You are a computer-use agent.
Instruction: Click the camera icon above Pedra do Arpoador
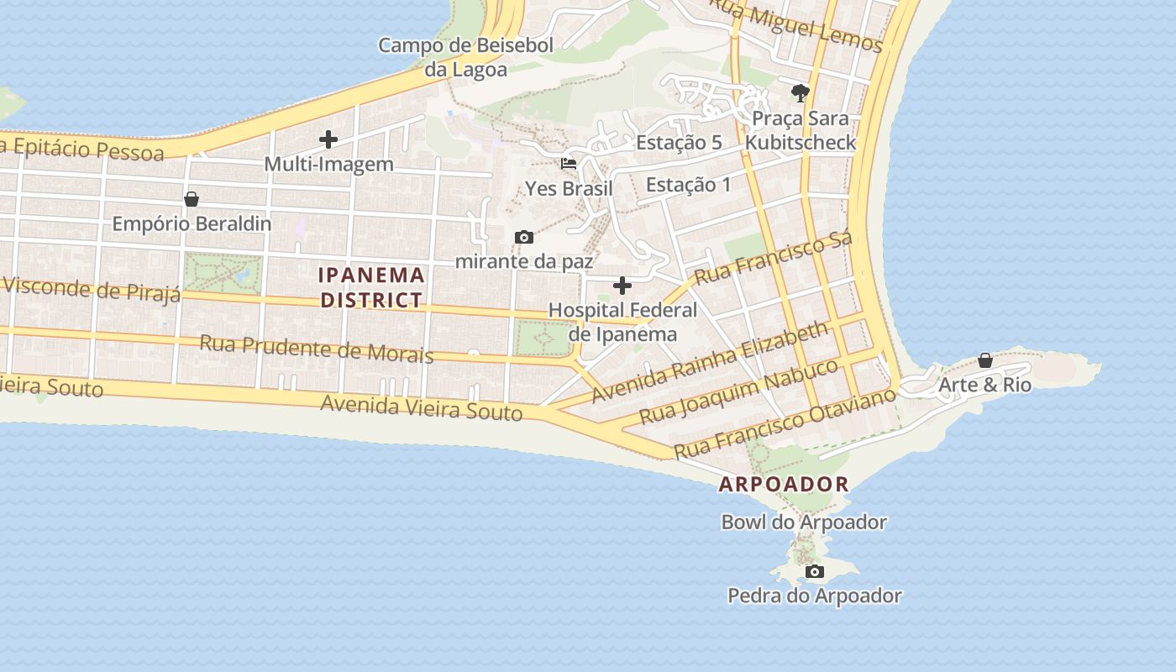point(814,572)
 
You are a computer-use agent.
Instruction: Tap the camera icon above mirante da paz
point(524,238)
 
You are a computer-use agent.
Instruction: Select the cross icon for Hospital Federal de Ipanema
point(622,286)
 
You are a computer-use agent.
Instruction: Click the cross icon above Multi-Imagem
point(328,139)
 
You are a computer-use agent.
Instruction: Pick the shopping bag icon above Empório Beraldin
point(192,199)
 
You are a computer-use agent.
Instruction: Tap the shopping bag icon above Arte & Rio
point(985,360)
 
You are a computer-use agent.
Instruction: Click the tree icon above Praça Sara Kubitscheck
point(801,92)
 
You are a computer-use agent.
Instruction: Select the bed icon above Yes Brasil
point(569,164)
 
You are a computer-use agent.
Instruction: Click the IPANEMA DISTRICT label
point(371,287)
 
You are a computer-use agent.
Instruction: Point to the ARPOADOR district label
point(784,485)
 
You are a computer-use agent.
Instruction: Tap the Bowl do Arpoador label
point(804,522)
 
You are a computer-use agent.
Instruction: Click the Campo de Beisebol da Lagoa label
point(465,57)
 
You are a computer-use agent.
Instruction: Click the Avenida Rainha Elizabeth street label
point(711,362)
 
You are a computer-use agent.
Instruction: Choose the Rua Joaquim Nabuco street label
point(738,391)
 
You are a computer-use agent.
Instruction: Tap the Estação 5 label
point(679,143)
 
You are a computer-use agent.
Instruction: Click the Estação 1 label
point(688,185)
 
